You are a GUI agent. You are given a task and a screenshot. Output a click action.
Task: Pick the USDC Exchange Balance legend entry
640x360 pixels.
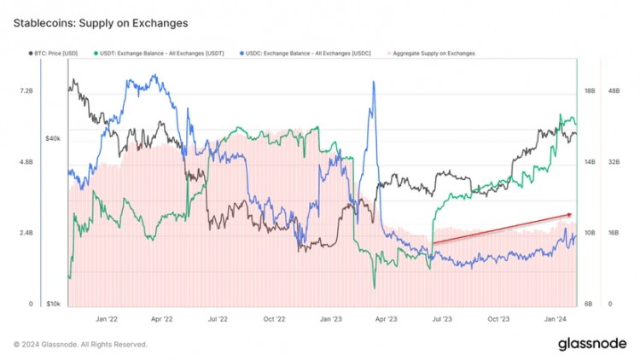300,53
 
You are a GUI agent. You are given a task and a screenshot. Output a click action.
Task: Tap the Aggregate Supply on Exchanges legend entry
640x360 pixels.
432,53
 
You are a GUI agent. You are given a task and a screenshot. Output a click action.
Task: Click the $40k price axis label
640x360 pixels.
53,137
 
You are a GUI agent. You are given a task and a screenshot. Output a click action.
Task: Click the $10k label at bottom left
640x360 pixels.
53,304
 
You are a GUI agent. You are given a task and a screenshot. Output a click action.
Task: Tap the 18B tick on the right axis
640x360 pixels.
589,90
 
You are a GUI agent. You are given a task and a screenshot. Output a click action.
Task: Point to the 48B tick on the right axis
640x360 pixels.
614,90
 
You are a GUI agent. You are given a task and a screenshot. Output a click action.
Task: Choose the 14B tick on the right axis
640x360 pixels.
589,161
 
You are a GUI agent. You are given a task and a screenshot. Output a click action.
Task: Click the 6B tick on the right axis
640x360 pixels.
589,304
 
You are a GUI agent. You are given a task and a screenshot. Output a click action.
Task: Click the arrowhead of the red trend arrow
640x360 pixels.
569,214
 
